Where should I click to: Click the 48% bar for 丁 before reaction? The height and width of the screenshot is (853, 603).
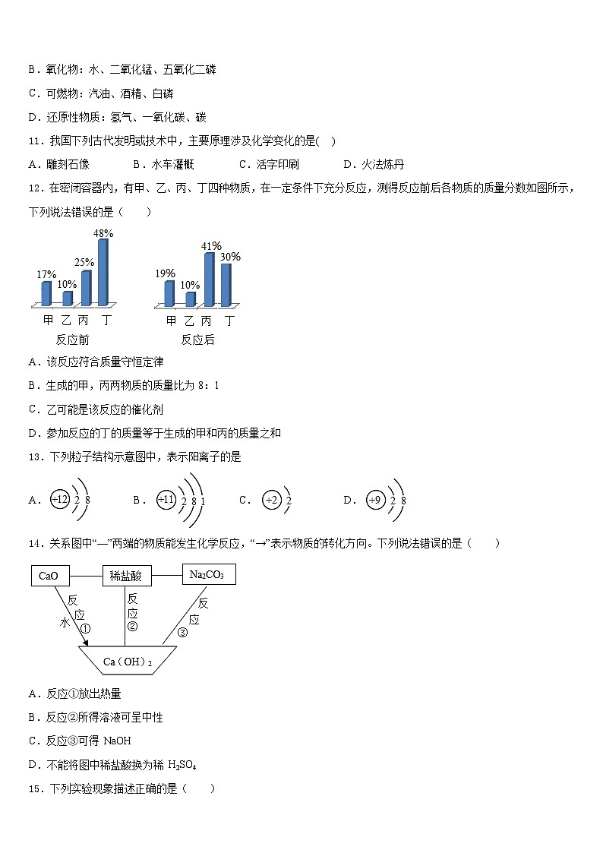(x=103, y=272)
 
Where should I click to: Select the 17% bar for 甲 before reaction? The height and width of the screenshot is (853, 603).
(x=46, y=293)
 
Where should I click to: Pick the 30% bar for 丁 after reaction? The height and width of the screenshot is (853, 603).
(x=226, y=285)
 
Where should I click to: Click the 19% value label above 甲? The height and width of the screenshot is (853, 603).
(x=166, y=273)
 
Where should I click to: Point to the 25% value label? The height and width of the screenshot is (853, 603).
(x=84, y=263)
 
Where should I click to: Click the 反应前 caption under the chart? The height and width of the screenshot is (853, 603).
(x=73, y=340)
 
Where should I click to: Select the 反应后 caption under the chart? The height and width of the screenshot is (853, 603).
(x=197, y=340)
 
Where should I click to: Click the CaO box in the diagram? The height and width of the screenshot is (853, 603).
(x=48, y=576)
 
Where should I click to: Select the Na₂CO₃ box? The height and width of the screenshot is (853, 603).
(x=209, y=574)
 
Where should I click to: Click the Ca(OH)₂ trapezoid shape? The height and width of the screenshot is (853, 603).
(x=128, y=662)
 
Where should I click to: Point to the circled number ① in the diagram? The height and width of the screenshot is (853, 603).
(x=85, y=629)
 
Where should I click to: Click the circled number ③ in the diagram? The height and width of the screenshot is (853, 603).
(x=182, y=633)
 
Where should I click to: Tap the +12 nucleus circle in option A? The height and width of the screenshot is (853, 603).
(x=60, y=499)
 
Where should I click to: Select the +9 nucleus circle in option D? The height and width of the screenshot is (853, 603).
(x=375, y=500)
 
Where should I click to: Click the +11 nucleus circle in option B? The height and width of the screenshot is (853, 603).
(x=166, y=500)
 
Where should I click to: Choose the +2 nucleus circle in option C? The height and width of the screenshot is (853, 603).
(x=271, y=500)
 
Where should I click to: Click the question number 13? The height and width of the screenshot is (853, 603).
(x=35, y=457)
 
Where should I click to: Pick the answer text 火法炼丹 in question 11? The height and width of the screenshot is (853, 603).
(x=383, y=164)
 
